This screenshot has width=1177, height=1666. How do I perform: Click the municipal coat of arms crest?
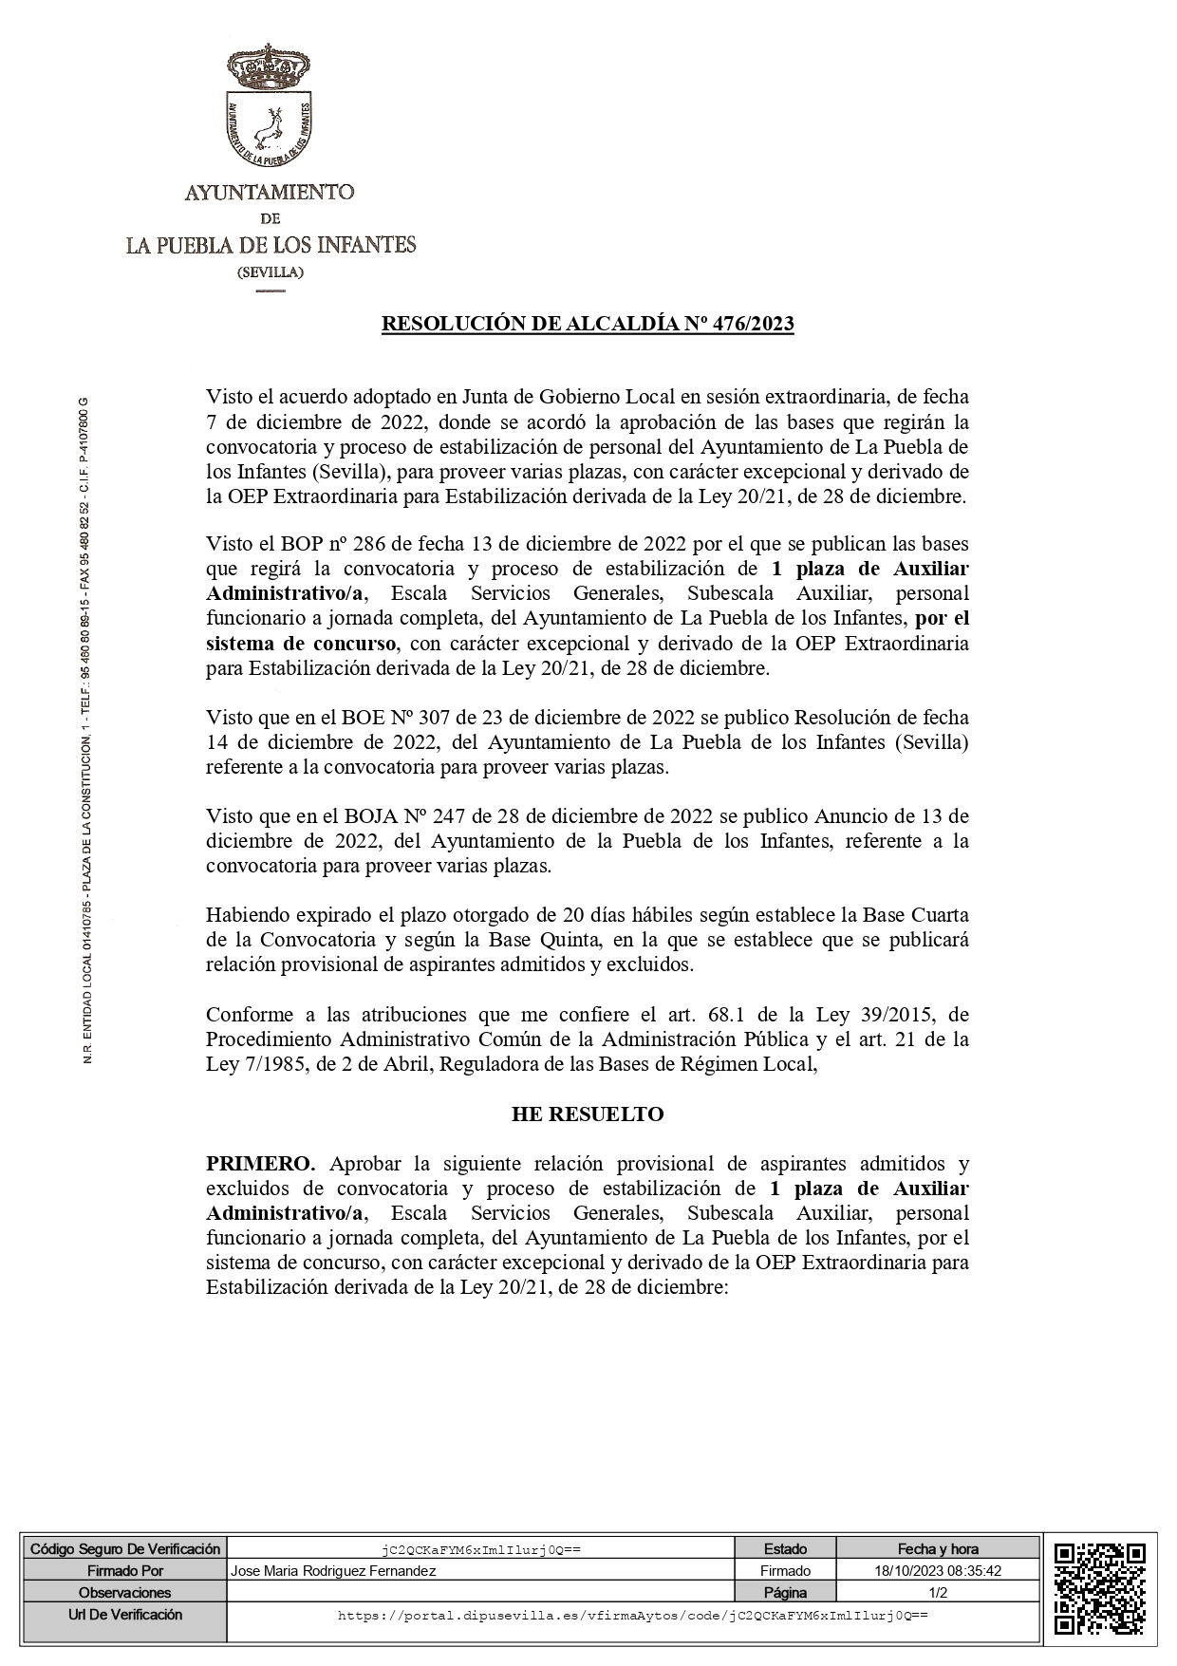(x=271, y=104)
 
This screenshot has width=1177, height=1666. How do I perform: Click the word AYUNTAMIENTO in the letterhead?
(x=270, y=193)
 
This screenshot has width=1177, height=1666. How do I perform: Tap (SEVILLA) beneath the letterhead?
(x=271, y=272)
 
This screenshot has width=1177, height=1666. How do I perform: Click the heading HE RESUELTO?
(x=588, y=1114)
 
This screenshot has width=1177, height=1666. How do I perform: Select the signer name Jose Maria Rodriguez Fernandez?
(x=334, y=1571)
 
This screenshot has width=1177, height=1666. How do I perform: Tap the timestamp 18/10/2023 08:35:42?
(x=938, y=1571)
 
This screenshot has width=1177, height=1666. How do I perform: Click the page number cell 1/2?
(x=938, y=1593)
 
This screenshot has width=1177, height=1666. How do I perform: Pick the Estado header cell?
(x=785, y=1549)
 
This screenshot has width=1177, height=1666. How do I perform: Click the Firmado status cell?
(x=785, y=1571)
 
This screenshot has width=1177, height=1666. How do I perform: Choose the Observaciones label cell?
(x=125, y=1593)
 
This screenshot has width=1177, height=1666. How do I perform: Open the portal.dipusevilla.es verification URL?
(x=632, y=1615)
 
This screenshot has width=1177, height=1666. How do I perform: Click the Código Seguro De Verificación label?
(x=125, y=1549)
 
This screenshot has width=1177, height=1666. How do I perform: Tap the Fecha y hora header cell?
(x=938, y=1549)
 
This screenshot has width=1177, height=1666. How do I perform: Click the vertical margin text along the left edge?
(x=87, y=731)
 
